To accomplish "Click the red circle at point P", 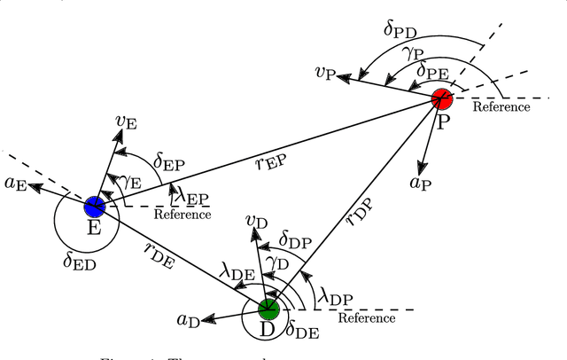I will [x=442, y=98].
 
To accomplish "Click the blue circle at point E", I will [x=94, y=207].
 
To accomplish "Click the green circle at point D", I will [x=268, y=309].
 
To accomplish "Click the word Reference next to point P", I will [x=501, y=107].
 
